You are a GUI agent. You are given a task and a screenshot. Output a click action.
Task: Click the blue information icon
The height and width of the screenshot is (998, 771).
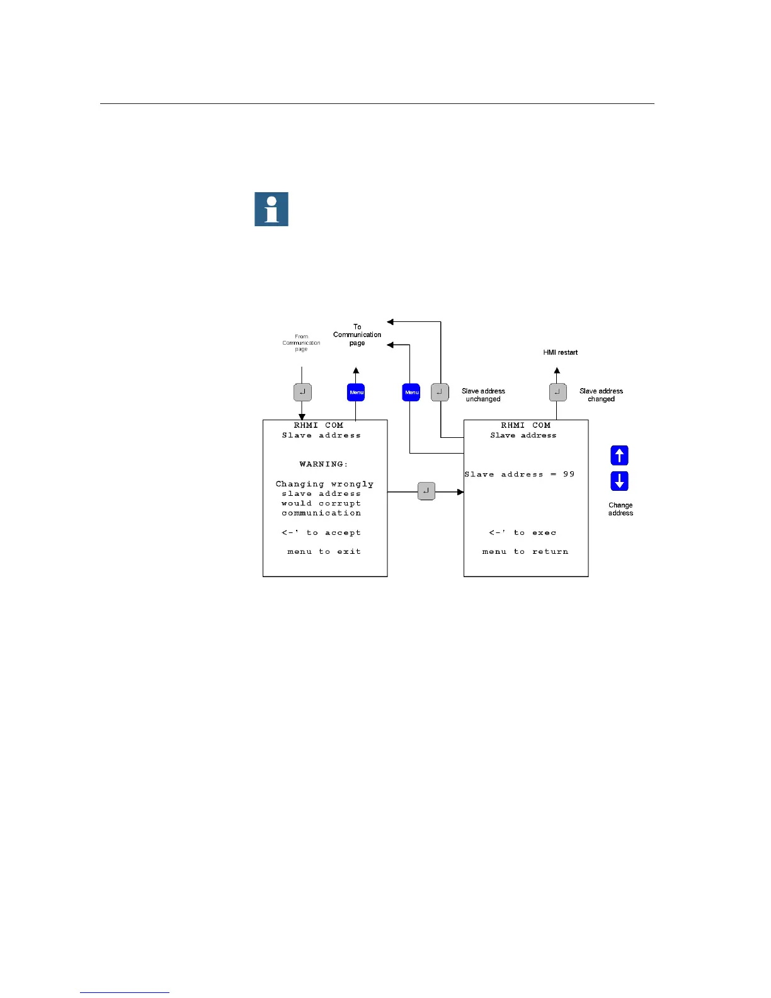pyautogui.click(x=271, y=209)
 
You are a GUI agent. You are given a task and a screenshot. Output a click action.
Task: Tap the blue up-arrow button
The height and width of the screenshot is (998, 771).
pyautogui.click(x=619, y=456)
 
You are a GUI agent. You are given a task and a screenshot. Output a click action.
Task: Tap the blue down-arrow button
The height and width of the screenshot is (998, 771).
pyautogui.click(x=619, y=481)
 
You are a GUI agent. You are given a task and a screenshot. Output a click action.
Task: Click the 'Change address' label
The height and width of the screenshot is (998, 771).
pyautogui.click(x=620, y=509)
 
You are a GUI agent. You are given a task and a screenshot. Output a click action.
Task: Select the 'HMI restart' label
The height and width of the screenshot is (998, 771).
pyautogui.click(x=560, y=353)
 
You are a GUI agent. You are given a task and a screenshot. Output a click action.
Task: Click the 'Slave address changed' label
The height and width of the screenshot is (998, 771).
pyautogui.click(x=601, y=395)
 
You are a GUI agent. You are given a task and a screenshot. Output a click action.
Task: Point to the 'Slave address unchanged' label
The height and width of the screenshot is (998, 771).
pyautogui.click(x=483, y=395)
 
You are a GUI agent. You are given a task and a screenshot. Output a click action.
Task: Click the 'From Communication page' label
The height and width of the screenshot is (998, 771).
pyautogui.click(x=301, y=343)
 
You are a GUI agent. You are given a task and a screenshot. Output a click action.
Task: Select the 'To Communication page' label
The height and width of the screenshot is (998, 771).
pyautogui.click(x=357, y=335)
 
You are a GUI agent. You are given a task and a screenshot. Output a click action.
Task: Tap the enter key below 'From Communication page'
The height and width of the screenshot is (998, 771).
pyautogui.click(x=302, y=393)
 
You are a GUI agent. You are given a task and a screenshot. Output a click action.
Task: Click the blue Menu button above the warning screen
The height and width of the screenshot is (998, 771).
pyautogui.click(x=356, y=393)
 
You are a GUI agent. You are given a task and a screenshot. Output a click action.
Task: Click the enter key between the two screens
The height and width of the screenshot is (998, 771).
pyautogui.click(x=426, y=491)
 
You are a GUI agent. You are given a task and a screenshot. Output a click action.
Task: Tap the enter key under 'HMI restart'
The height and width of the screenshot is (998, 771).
pyautogui.click(x=557, y=393)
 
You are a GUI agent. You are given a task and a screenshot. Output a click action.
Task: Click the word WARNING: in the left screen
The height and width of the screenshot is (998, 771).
pyautogui.click(x=323, y=464)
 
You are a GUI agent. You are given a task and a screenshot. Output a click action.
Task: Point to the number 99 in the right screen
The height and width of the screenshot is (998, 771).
pyautogui.click(x=569, y=474)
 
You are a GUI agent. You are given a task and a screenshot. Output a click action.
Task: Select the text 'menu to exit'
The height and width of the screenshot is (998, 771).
pyautogui.click(x=324, y=552)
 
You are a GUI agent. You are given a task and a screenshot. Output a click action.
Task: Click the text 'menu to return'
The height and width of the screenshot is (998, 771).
pyautogui.click(x=525, y=552)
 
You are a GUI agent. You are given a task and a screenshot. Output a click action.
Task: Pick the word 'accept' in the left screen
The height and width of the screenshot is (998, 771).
pyautogui.click(x=343, y=533)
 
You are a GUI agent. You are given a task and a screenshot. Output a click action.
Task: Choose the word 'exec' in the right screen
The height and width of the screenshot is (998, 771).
pyautogui.click(x=544, y=533)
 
